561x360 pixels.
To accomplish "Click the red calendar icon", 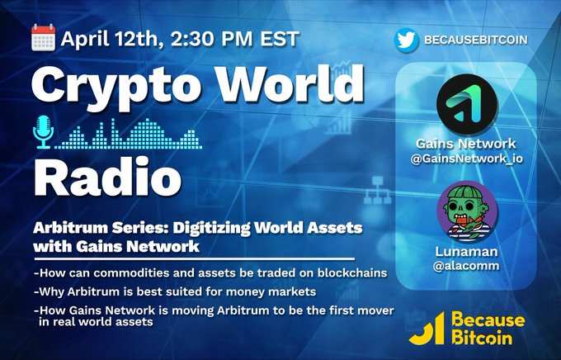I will click(44, 37).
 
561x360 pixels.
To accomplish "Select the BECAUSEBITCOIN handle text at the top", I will click(475, 39).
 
